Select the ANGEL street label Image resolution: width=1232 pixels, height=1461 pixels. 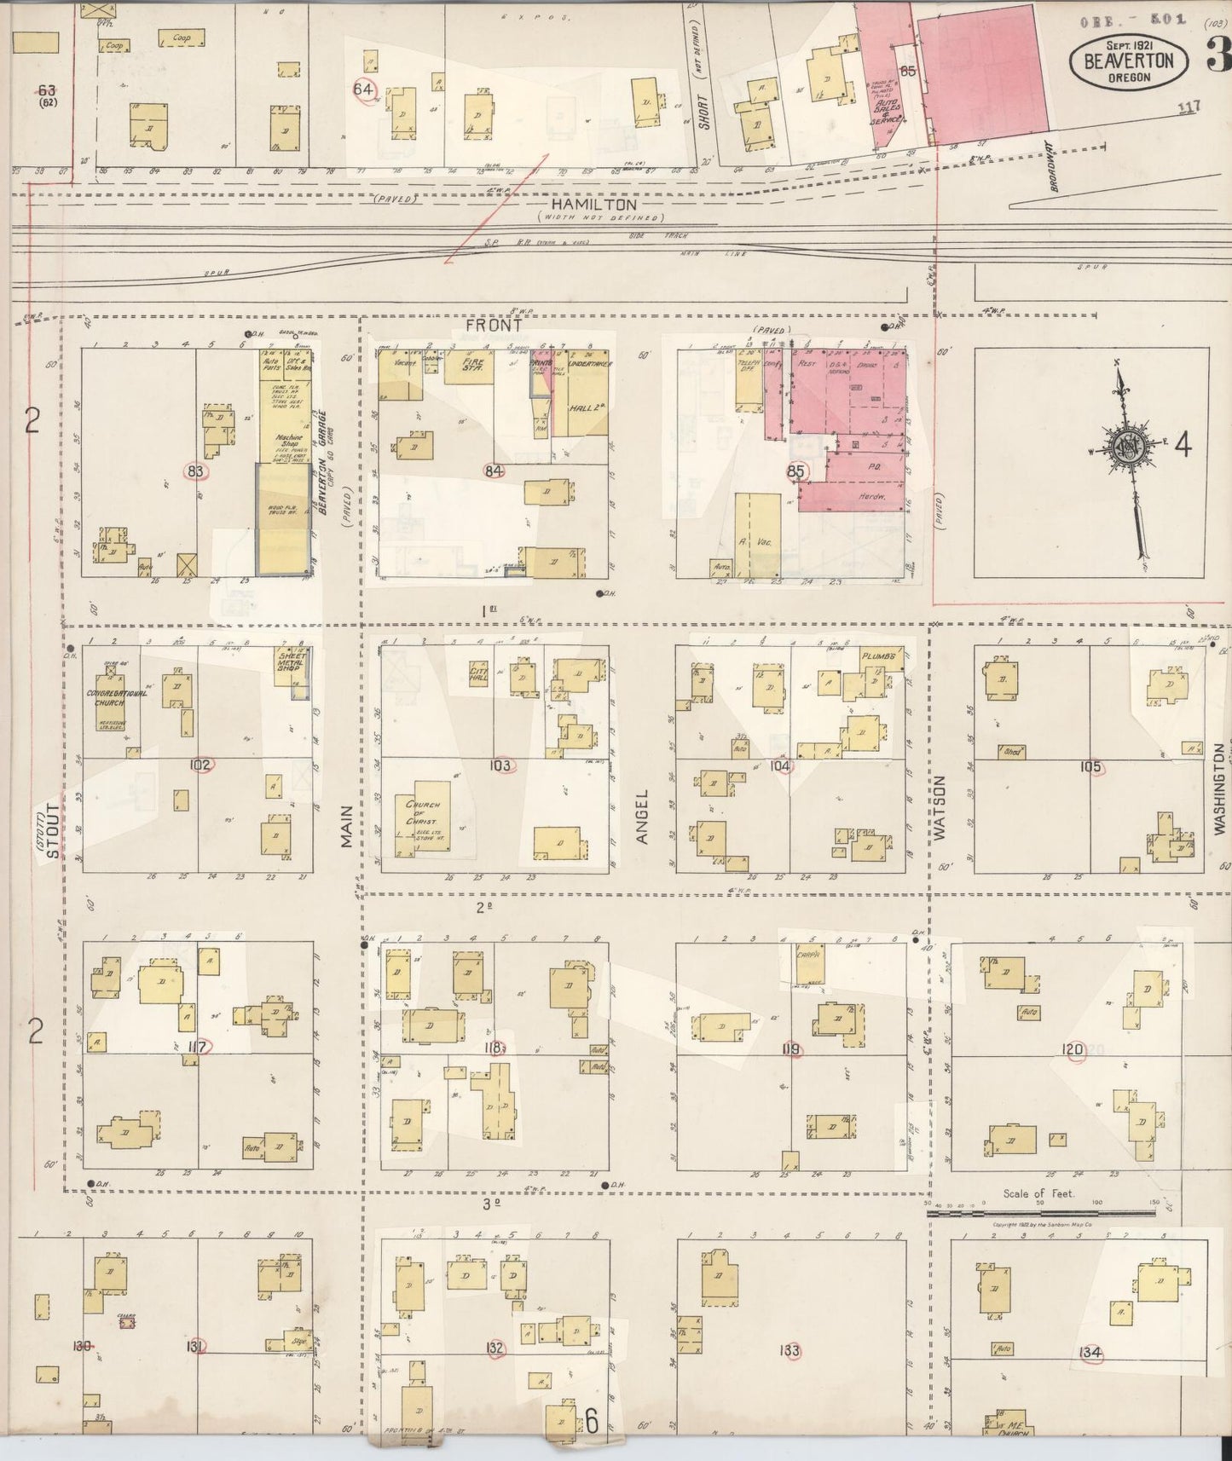coord(641,817)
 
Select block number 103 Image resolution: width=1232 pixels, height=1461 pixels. coord(500,765)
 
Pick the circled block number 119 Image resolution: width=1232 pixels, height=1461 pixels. coord(793,1049)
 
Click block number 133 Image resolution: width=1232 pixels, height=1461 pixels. coord(790,1350)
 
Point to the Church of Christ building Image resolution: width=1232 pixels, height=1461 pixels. coord(422,817)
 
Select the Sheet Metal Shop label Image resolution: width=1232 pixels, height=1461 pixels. coord(292,663)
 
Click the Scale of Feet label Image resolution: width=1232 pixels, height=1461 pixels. coord(1038,1193)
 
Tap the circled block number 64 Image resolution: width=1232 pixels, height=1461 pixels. coord(364,89)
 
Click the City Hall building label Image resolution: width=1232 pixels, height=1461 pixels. coord(478,674)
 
